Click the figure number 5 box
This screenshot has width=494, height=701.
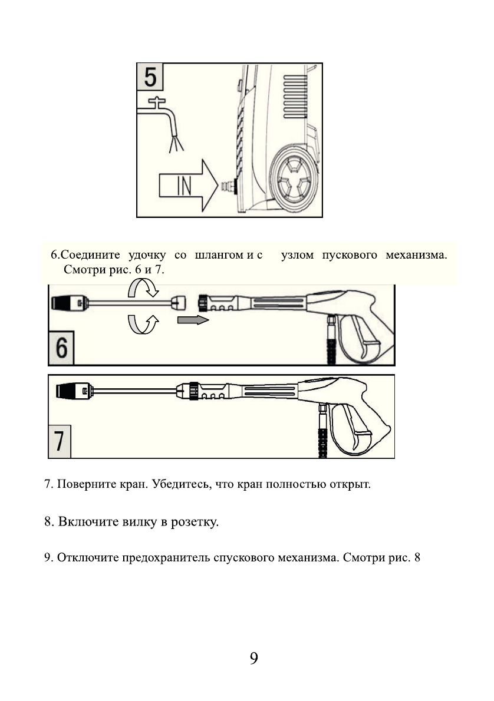coord(151,77)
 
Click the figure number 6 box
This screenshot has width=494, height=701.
coord(61,350)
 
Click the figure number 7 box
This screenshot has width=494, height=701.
coord(60,441)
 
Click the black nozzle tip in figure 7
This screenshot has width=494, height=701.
coord(68,391)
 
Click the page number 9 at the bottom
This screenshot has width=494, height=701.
coord(253,658)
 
